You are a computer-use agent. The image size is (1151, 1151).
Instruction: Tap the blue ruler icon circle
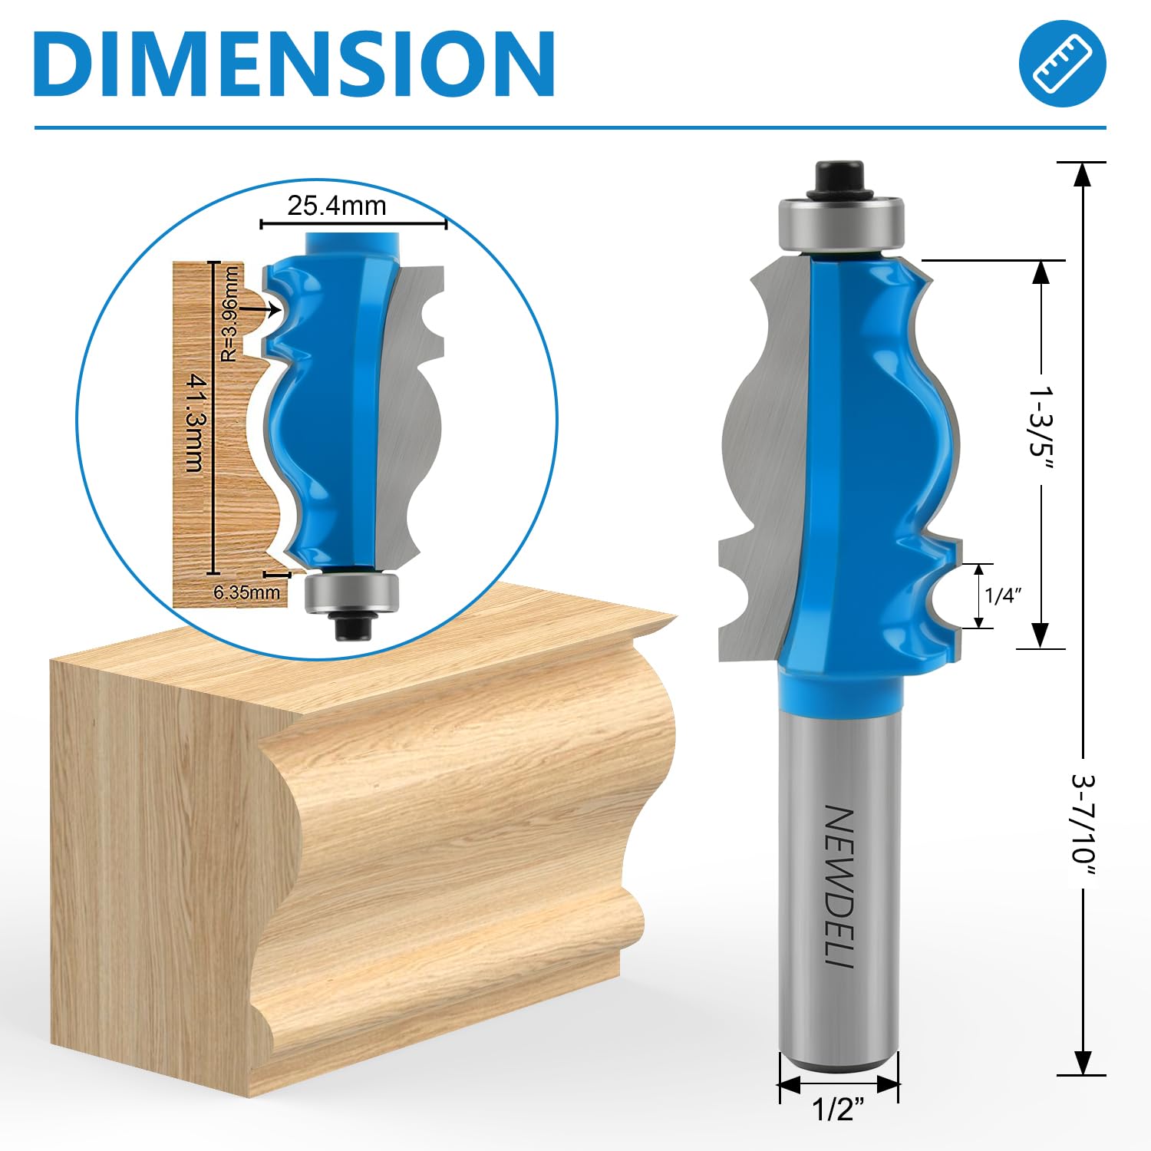(x=1062, y=63)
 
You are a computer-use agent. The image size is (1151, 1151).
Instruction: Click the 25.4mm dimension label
(x=336, y=206)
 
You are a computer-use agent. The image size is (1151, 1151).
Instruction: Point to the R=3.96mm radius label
(x=229, y=314)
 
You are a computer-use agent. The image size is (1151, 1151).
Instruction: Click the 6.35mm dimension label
(x=247, y=592)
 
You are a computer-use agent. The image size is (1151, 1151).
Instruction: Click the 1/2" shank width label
(x=838, y=1110)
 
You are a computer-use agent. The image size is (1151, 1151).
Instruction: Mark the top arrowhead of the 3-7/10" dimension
(x=1082, y=176)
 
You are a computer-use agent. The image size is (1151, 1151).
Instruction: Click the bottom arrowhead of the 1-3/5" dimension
(x=1041, y=634)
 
